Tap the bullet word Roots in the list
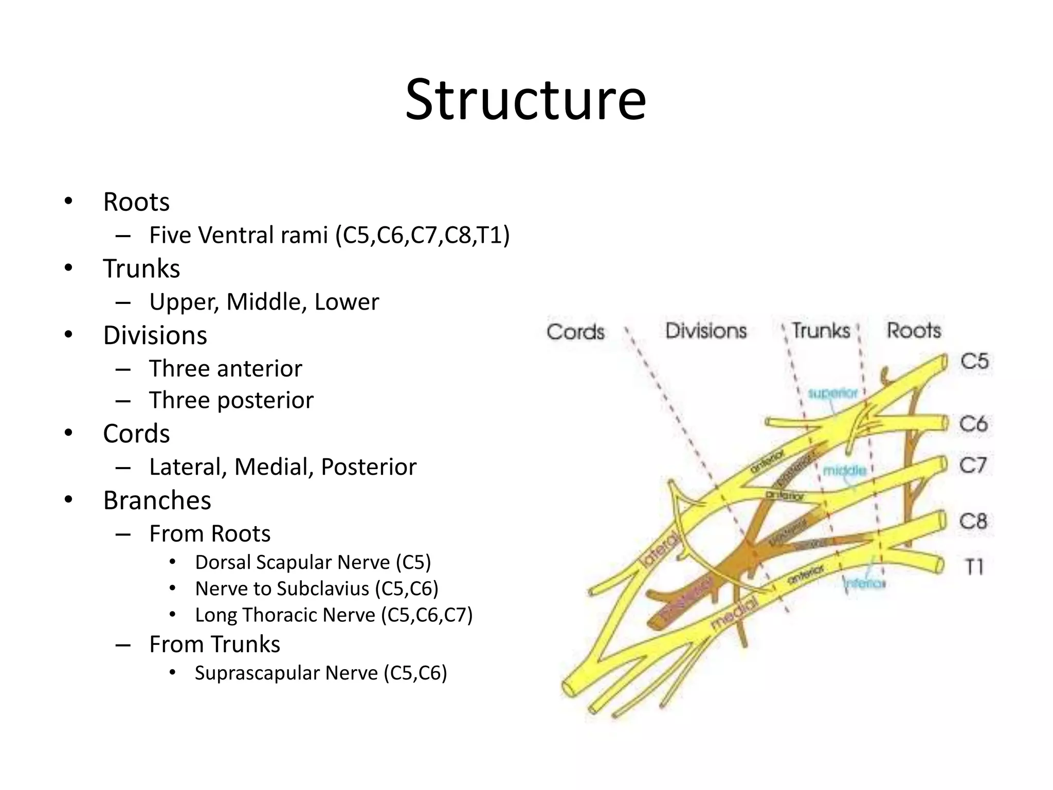point(136,202)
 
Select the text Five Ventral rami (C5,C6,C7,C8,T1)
point(329,235)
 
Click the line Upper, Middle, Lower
point(264,302)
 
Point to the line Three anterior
point(225,368)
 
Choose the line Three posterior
point(231,400)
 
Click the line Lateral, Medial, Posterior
point(282,467)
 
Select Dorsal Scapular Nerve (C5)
point(313,562)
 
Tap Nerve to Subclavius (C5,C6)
point(317,588)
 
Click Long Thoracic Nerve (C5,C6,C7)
point(334,615)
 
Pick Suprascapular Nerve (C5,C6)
point(321,673)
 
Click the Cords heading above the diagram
point(575,332)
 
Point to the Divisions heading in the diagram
point(705,331)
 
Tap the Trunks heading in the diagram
point(821,330)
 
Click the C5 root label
point(974,361)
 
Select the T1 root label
point(974,567)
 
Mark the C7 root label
point(973,465)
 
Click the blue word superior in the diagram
point(832,393)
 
